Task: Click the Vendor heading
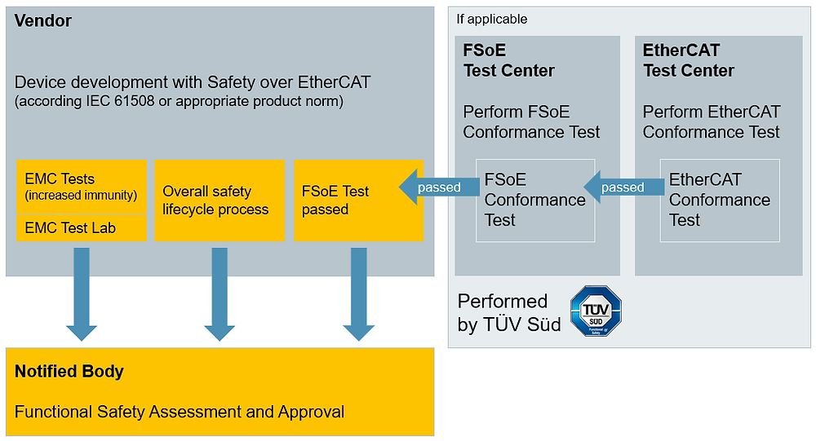pos(43,21)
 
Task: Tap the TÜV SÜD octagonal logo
pos(596,311)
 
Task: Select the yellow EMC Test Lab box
pos(81,228)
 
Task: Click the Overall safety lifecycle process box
pos(220,201)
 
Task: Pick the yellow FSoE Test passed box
pos(358,201)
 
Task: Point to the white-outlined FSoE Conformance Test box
pos(535,201)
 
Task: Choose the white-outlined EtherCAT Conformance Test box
pos(720,201)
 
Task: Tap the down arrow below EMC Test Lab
pos(82,293)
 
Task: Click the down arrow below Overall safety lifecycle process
pos(220,293)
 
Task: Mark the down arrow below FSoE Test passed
pos(358,293)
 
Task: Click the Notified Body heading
pos(69,372)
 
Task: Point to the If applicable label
pos(492,19)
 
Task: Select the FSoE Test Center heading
pos(509,61)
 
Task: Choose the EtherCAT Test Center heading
pos(689,61)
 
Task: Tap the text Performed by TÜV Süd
pos(509,312)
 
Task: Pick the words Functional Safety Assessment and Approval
pos(180,412)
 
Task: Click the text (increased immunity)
pos(81,196)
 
